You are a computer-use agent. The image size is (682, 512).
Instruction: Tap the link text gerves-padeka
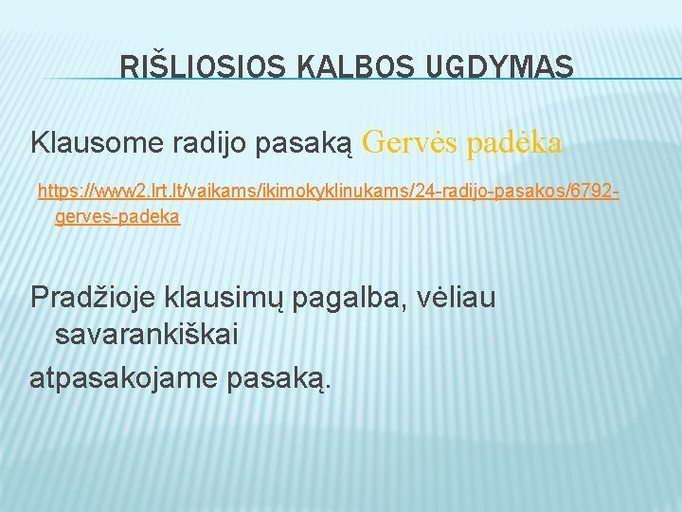117,217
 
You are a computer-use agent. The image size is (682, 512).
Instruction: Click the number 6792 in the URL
595,192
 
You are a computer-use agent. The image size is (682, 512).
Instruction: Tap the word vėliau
456,298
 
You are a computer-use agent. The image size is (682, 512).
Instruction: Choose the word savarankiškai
147,335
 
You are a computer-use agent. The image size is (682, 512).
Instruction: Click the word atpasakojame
124,377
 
